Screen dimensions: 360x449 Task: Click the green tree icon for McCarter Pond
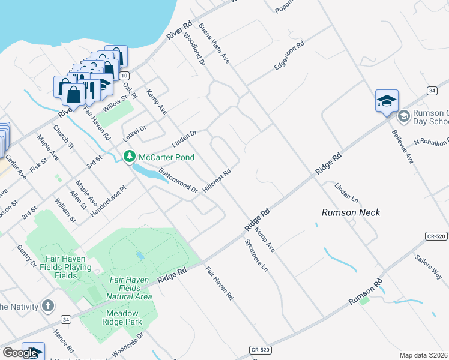tap(129, 157)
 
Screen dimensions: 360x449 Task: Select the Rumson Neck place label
tap(351, 212)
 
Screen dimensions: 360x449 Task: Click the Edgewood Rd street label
tap(289, 56)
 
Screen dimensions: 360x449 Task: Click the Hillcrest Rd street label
tap(217, 181)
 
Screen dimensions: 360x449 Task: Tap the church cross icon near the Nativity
tap(49, 306)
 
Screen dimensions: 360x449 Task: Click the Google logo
tap(20, 353)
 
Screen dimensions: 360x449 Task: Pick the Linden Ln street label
tap(346, 193)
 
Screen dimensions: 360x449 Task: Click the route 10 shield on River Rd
tap(124, 76)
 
